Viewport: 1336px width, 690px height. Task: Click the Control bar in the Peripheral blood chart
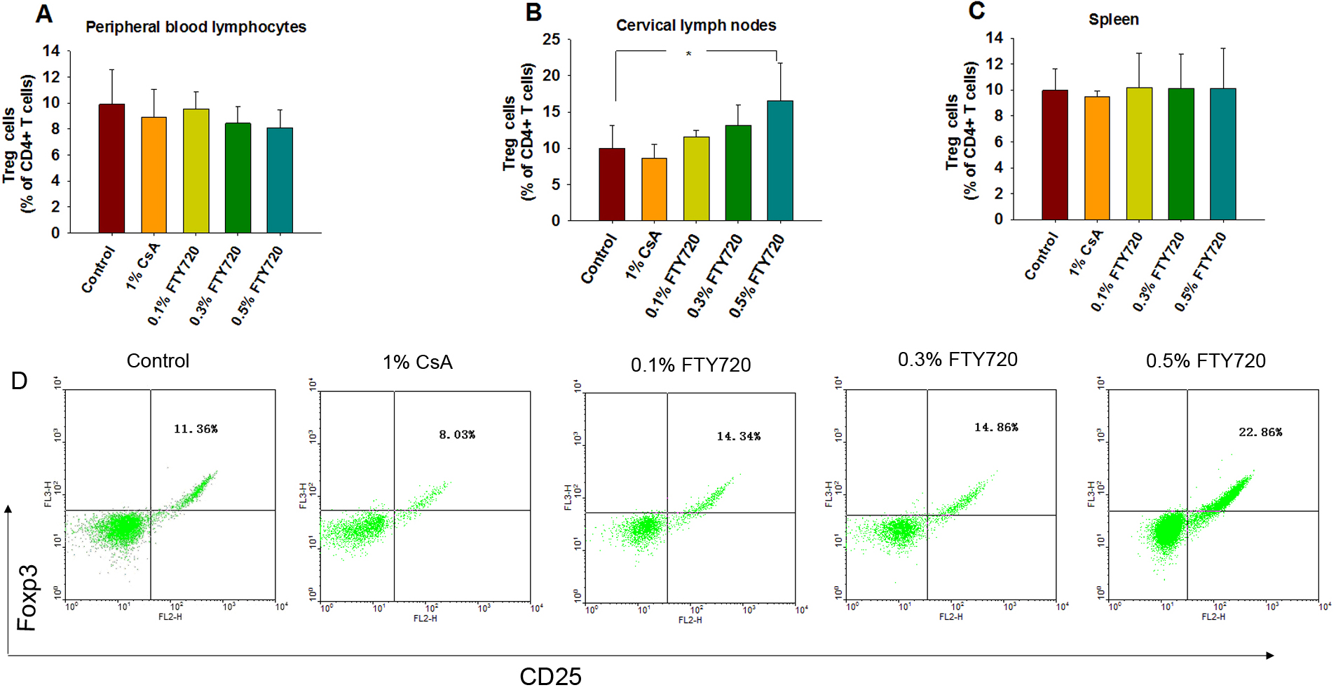coord(111,168)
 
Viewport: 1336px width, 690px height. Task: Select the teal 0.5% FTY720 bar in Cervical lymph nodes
coord(779,161)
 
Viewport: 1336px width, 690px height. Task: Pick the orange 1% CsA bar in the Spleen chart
coord(1096,158)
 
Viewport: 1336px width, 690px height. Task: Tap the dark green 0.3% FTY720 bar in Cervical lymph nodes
coord(737,173)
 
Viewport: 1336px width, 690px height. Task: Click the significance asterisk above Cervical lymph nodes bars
coord(688,54)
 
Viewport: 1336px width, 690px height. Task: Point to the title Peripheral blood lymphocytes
coord(196,27)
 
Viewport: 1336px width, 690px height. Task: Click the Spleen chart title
coord(1113,20)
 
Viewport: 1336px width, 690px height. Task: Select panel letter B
coord(533,13)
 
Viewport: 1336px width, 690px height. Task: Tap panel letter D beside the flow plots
coord(19,381)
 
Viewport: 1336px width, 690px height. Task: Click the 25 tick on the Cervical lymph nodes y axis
coord(552,39)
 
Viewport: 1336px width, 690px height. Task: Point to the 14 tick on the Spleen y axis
coord(994,38)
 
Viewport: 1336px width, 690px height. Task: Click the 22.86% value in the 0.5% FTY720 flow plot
coord(1260,432)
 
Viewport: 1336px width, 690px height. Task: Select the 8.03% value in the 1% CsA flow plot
coord(456,435)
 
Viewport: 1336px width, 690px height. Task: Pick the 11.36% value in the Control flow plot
coord(196,428)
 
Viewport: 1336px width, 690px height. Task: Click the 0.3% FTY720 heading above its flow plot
coord(957,360)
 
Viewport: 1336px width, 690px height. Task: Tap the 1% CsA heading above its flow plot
coord(417,363)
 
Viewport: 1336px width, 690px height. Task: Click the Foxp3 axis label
coord(27,597)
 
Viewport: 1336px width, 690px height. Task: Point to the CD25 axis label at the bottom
coord(550,676)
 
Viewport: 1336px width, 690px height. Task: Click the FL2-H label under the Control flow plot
coord(170,617)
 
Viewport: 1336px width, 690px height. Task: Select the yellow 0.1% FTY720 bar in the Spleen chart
coord(1138,154)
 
